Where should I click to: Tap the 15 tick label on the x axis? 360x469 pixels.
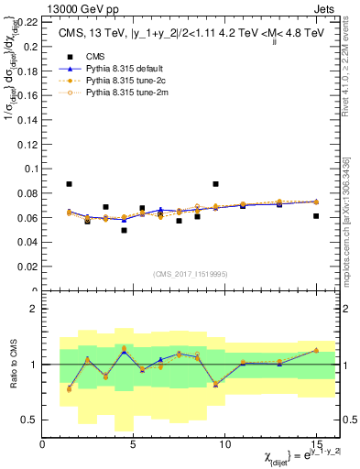(x=316, y=443)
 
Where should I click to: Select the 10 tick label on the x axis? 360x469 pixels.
(x=224, y=443)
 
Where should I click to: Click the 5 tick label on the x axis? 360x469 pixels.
(x=134, y=443)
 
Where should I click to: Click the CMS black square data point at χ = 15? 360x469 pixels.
(x=316, y=216)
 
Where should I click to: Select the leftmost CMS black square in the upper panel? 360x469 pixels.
(x=70, y=184)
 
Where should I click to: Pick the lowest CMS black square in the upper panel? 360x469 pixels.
(x=125, y=230)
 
